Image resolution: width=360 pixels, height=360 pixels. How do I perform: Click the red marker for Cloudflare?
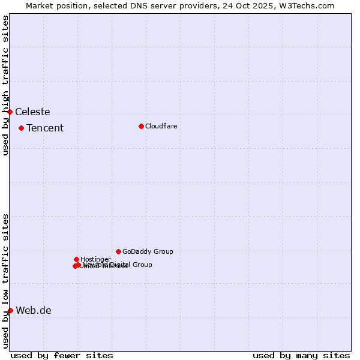pyautogui.click(x=141, y=126)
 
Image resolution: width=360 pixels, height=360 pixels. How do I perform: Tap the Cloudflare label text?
pyautogui.click(x=161, y=126)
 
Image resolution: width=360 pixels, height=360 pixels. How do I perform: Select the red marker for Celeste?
pyautogui.click(x=10, y=112)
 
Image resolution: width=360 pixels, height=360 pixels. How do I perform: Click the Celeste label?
pyautogui.click(x=32, y=112)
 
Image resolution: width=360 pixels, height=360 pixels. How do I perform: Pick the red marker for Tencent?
pyautogui.click(x=21, y=128)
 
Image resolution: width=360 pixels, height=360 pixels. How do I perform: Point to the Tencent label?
pyautogui.click(x=45, y=128)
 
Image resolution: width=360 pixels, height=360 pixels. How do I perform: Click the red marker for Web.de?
pyautogui.click(x=10, y=310)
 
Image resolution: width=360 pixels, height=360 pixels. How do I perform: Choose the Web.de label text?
pyautogui.click(x=34, y=310)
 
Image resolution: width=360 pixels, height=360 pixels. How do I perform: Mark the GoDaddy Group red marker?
pyautogui.click(x=118, y=251)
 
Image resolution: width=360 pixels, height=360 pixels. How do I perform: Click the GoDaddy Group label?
pyautogui.click(x=148, y=251)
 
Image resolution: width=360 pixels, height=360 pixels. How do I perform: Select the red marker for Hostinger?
pyautogui.click(x=76, y=259)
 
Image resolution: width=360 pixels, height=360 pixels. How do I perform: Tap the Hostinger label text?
pyautogui.click(x=95, y=259)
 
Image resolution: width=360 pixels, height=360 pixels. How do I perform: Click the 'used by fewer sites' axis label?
pyautogui.click(x=62, y=355)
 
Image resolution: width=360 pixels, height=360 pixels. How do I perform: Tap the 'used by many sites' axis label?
pyautogui.click(x=301, y=355)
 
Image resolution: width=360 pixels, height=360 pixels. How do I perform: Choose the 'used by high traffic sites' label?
pyautogui.click(x=5, y=85)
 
